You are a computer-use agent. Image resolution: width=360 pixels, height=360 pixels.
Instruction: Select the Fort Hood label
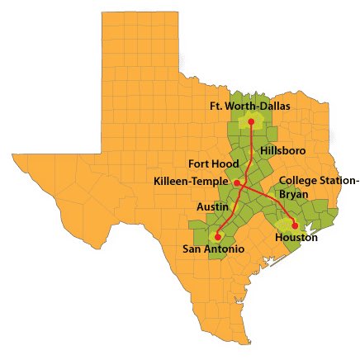point(213,163)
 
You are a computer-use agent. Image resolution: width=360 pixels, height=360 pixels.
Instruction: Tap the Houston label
point(295,238)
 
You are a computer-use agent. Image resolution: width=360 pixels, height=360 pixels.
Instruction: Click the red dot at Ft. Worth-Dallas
point(251,121)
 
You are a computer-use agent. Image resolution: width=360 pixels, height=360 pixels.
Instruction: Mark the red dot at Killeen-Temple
point(236,182)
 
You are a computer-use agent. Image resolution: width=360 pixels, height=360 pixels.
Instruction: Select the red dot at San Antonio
point(218,236)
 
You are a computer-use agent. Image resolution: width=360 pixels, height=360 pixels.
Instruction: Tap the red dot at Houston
point(295,225)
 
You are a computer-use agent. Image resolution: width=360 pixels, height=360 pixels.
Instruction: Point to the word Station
point(339,180)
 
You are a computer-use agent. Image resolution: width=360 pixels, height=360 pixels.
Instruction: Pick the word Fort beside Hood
point(199,163)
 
